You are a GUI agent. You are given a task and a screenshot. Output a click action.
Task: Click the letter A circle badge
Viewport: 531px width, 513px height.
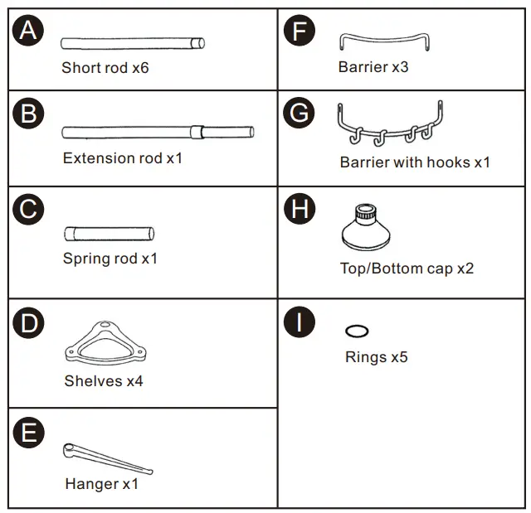(27, 31)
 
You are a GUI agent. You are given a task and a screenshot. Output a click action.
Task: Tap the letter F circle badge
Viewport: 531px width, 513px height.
(299, 31)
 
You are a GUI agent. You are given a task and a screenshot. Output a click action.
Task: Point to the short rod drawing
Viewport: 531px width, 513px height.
(133, 43)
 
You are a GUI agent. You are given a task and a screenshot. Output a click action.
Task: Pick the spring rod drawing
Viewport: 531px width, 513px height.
(110, 233)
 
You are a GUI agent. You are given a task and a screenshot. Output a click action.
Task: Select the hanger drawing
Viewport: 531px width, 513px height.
(106, 458)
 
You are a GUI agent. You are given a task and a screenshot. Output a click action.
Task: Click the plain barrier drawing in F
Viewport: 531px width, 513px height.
(384, 41)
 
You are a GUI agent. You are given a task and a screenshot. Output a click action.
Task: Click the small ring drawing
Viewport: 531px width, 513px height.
(357, 332)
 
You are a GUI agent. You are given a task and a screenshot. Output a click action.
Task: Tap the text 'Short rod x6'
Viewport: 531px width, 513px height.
(105, 68)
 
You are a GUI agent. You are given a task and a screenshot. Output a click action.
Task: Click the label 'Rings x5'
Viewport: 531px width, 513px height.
(377, 357)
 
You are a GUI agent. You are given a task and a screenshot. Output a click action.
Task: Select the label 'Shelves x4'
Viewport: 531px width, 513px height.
(104, 381)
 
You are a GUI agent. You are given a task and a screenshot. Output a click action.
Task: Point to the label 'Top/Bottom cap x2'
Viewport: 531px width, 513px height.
(407, 269)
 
